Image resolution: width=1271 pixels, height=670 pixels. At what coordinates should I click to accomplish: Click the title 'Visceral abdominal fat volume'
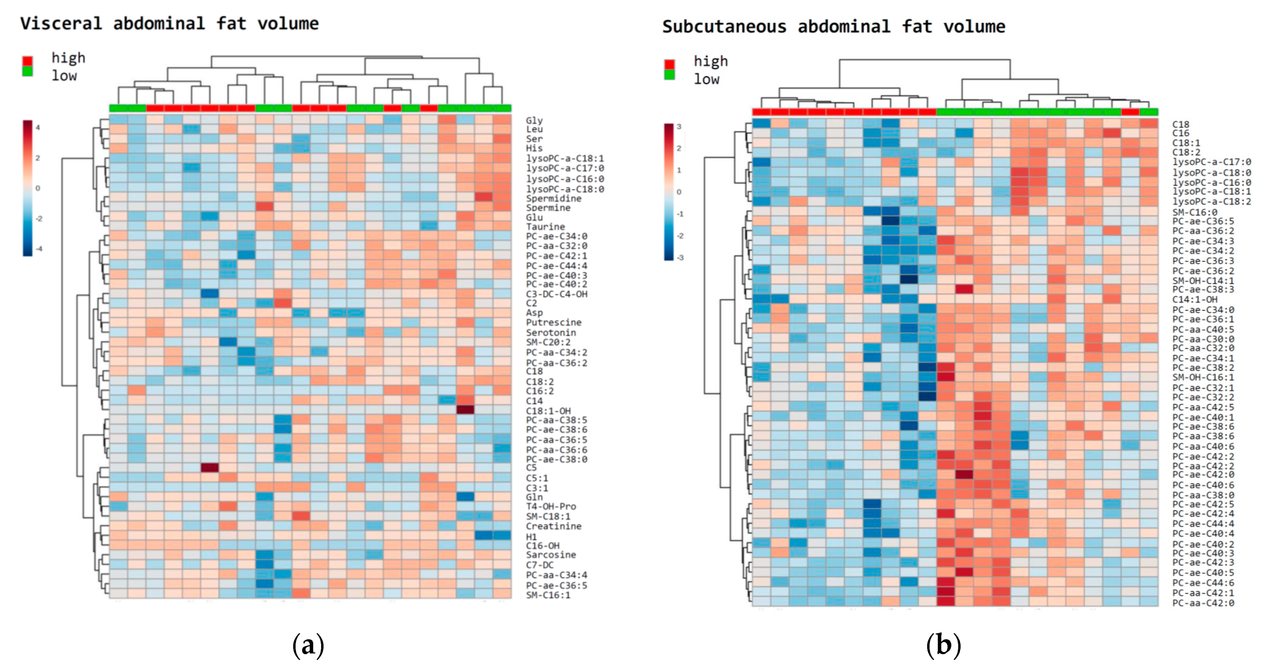pyautogui.click(x=169, y=24)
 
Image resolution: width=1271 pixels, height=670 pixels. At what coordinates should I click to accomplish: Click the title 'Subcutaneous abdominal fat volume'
pyautogui.click(x=833, y=27)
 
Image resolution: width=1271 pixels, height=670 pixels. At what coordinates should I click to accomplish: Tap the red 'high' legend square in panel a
pyautogui.click(x=28, y=61)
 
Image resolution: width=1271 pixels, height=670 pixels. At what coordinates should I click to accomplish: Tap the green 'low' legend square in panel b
pyautogui.click(x=669, y=74)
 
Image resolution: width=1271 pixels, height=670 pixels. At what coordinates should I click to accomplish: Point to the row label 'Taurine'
pyautogui.click(x=545, y=227)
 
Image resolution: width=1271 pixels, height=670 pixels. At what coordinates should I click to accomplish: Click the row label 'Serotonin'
pyautogui.click(x=551, y=332)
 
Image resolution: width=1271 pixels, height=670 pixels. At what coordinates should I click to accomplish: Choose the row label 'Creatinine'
pyautogui.click(x=553, y=526)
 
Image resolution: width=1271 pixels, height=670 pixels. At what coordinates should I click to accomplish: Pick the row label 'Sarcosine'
pyautogui.click(x=551, y=555)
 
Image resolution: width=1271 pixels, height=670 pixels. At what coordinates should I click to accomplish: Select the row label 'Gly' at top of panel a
pyautogui.click(x=534, y=120)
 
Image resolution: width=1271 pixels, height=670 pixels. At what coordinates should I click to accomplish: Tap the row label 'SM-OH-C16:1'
pyautogui.click(x=1203, y=377)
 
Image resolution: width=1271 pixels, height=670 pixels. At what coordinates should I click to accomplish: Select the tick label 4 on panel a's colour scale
pyautogui.click(x=38, y=127)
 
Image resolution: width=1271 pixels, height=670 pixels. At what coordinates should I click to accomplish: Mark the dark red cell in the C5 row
pyautogui.click(x=210, y=468)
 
